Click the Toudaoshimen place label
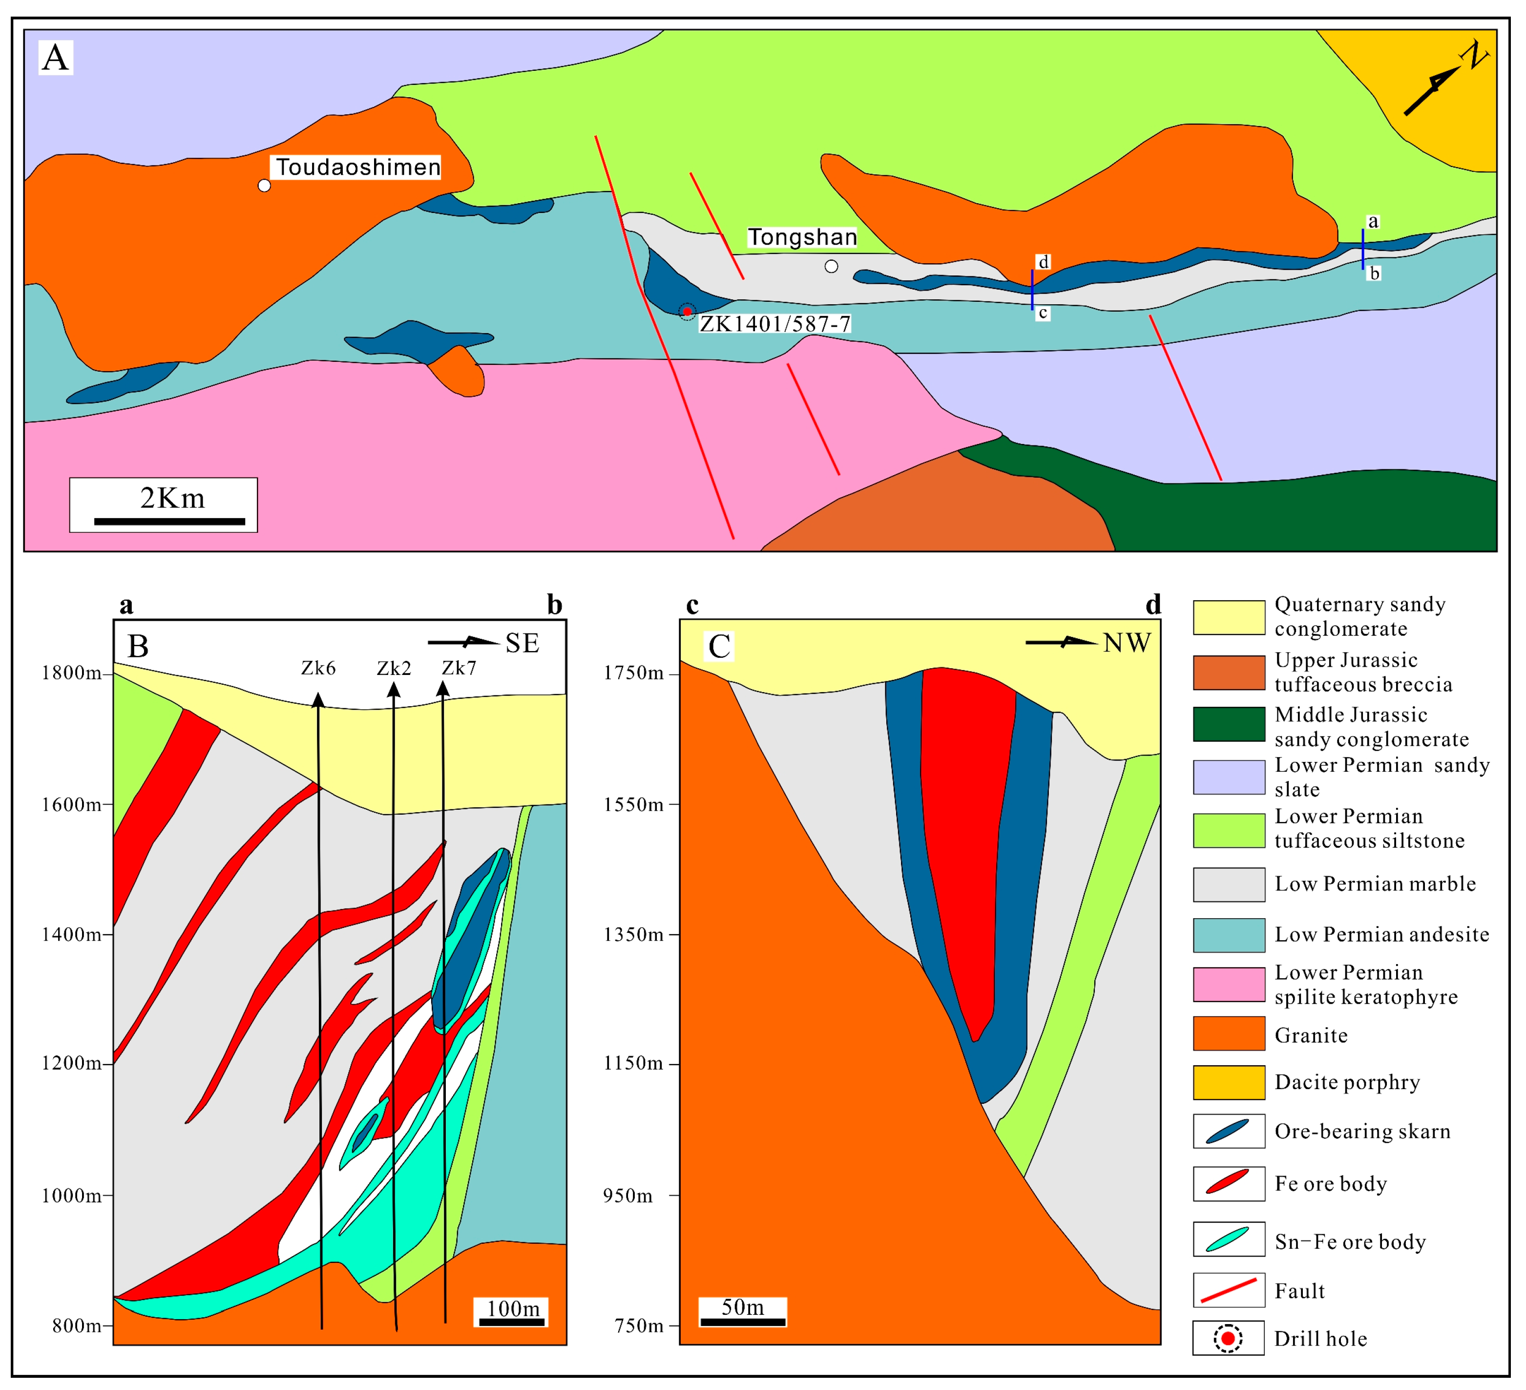point(357,168)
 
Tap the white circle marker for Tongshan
point(831,267)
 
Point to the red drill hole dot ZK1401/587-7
point(687,312)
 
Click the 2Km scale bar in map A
point(169,521)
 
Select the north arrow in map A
point(1442,82)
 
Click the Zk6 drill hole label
point(318,668)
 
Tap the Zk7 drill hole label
point(459,668)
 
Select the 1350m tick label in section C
point(633,934)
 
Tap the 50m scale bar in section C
point(743,1322)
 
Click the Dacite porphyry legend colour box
point(1229,1083)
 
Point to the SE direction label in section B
point(523,644)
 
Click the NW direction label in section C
point(1127,644)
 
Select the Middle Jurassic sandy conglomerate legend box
point(1229,724)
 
